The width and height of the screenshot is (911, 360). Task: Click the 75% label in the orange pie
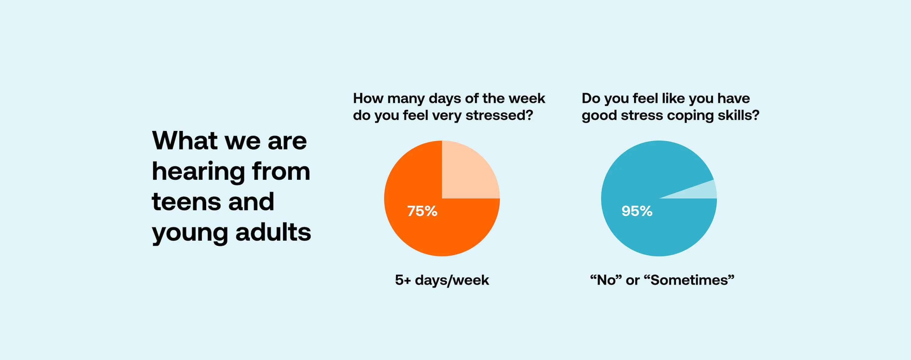point(422,211)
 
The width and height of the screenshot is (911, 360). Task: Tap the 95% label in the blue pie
point(637,211)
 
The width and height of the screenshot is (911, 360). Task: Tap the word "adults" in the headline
point(273,232)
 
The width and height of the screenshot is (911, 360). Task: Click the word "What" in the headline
point(185,141)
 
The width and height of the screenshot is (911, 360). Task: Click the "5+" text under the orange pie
point(403,280)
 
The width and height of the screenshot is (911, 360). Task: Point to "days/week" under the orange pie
point(452,280)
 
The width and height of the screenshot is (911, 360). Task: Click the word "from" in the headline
point(281,172)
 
